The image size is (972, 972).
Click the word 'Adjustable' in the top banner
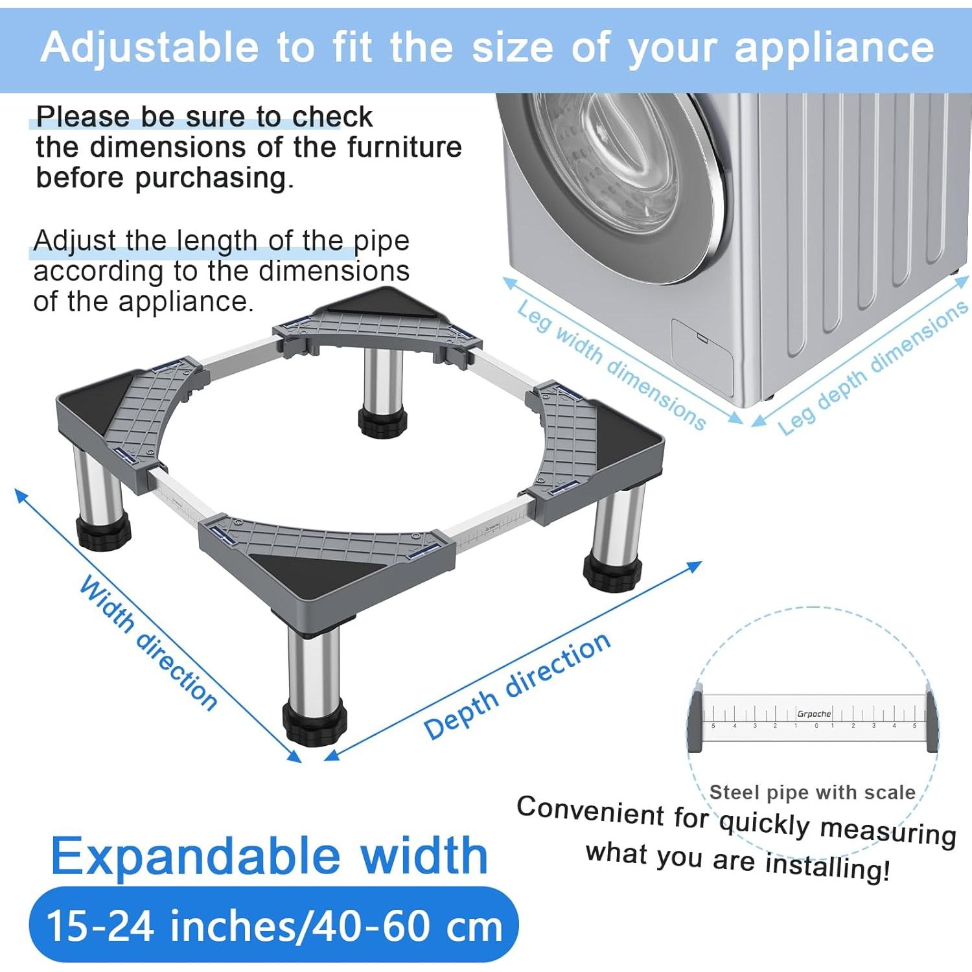point(149,48)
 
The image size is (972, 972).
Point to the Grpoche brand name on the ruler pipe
point(814,713)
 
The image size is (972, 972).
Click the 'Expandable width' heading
point(269,856)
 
